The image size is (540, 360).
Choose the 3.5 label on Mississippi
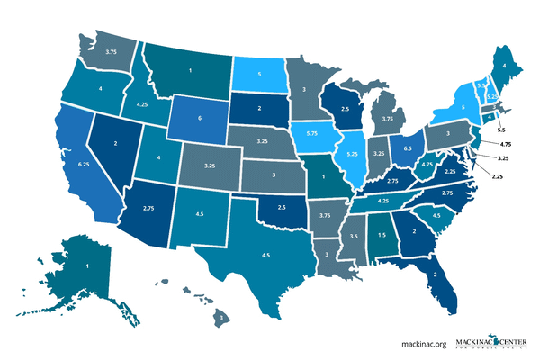(355, 236)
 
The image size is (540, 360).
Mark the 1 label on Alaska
(87, 267)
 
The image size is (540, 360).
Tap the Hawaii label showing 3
(219, 318)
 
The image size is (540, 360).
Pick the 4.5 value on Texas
(265, 255)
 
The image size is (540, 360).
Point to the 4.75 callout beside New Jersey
(505, 143)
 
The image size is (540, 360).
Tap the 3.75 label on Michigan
(388, 118)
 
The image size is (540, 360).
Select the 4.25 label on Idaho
(141, 104)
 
